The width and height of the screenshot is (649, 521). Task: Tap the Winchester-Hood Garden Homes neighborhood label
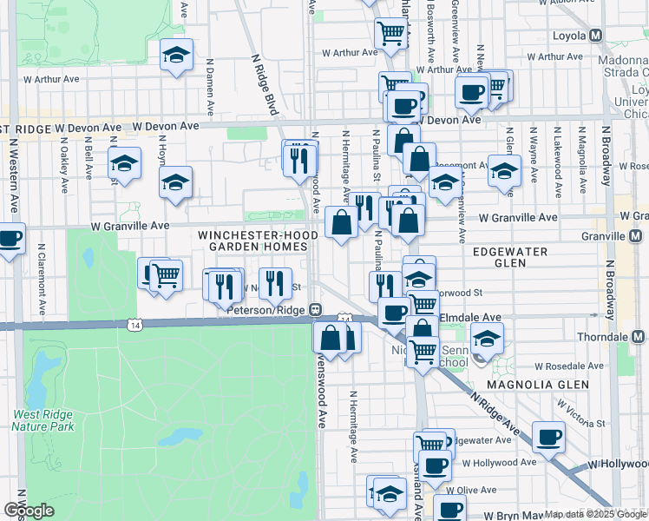pos(252,241)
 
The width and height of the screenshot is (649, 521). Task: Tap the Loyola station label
pos(569,36)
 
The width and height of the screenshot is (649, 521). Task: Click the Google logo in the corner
pos(29,511)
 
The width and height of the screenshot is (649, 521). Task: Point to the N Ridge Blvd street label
pos(264,85)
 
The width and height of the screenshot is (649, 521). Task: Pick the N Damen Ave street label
pos(210,87)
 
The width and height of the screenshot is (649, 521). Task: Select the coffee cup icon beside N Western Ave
pos(10,239)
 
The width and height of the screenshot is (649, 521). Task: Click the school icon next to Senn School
pos(486,340)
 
